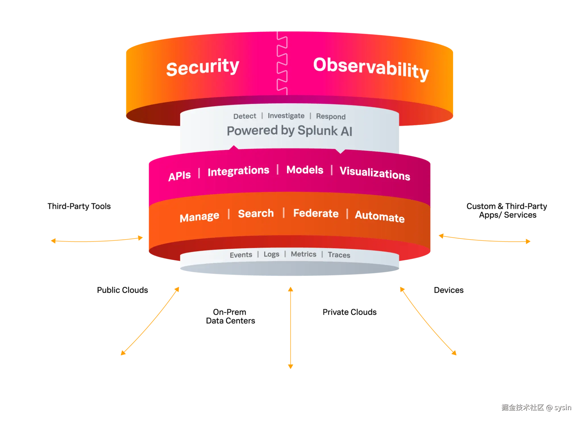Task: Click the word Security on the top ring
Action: (x=202, y=67)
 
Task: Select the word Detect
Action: (x=244, y=116)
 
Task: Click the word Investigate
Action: (x=286, y=116)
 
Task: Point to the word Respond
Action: (x=331, y=117)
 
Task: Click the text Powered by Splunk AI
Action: (x=289, y=131)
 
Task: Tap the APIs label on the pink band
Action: (x=179, y=176)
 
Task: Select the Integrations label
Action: (x=238, y=171)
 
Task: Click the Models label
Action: (x=305, y=170)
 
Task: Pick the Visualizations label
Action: (x=375, y=173)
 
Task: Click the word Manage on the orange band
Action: (x=199, y=217)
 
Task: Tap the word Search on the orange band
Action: (x=256, y=213)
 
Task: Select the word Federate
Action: (x=316, y=213)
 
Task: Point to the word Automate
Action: (x=380, y=217)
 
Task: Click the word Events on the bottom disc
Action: (x=241, y=255)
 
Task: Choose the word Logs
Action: (x=271, y=254)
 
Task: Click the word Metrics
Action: (x=303, y=254)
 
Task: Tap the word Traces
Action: (x=339, y=255)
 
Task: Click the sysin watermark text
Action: (x=562, y=407)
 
